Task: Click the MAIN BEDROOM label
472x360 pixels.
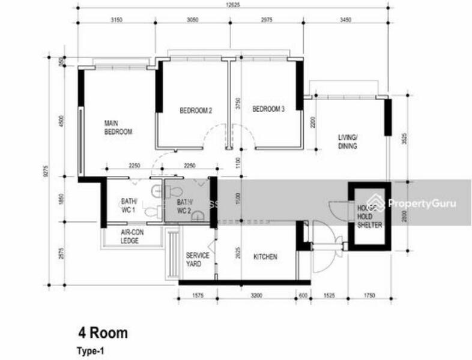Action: click(x=118, y=127)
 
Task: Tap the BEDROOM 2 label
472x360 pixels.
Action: click(x=196, y=110)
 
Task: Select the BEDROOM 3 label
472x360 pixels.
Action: click(x=268, y=109)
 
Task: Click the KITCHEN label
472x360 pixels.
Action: click(x=265, y=257)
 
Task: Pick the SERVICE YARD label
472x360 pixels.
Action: click(x=197, y=259)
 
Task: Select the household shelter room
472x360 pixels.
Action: click(x=369, y=213)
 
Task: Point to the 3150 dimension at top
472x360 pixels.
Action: click(x=116, y=19)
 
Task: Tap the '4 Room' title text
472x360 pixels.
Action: click(x=102, y=333)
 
